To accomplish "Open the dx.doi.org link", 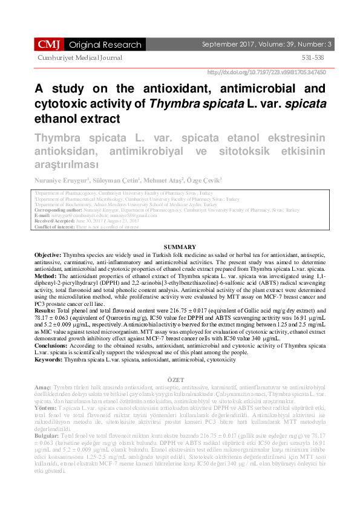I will pos(266,72).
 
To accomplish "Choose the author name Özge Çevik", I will pos(205,180).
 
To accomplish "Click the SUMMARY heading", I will pos(180,247).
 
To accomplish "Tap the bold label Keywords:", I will pos(49,359).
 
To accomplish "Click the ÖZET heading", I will pos(180,378).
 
